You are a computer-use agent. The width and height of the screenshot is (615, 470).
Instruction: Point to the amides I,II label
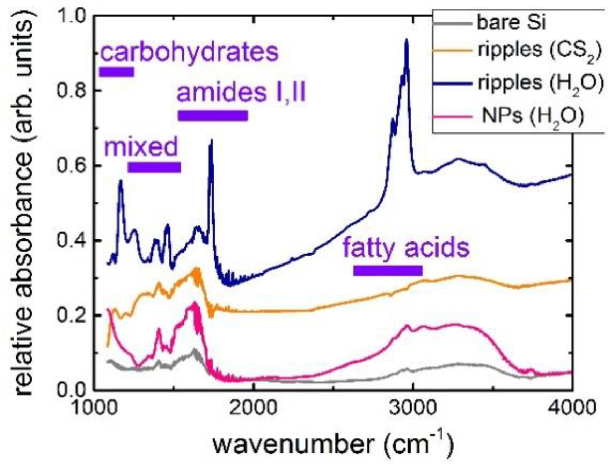241,93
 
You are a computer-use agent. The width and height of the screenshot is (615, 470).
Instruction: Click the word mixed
141,147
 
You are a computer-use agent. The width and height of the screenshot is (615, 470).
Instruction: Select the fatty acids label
406,248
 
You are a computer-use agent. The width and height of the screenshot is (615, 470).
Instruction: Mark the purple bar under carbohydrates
117,72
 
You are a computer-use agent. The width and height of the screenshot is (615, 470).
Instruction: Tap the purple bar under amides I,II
213,116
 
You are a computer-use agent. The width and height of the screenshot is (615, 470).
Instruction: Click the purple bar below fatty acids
388,270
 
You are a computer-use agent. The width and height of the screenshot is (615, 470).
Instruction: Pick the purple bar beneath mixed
154,168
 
